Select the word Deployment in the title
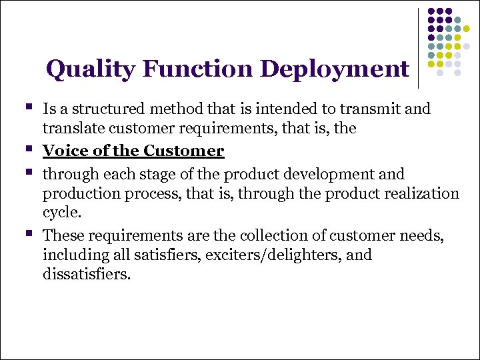point(335,69)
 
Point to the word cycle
point(61,213)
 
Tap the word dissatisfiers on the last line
point(87,273)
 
